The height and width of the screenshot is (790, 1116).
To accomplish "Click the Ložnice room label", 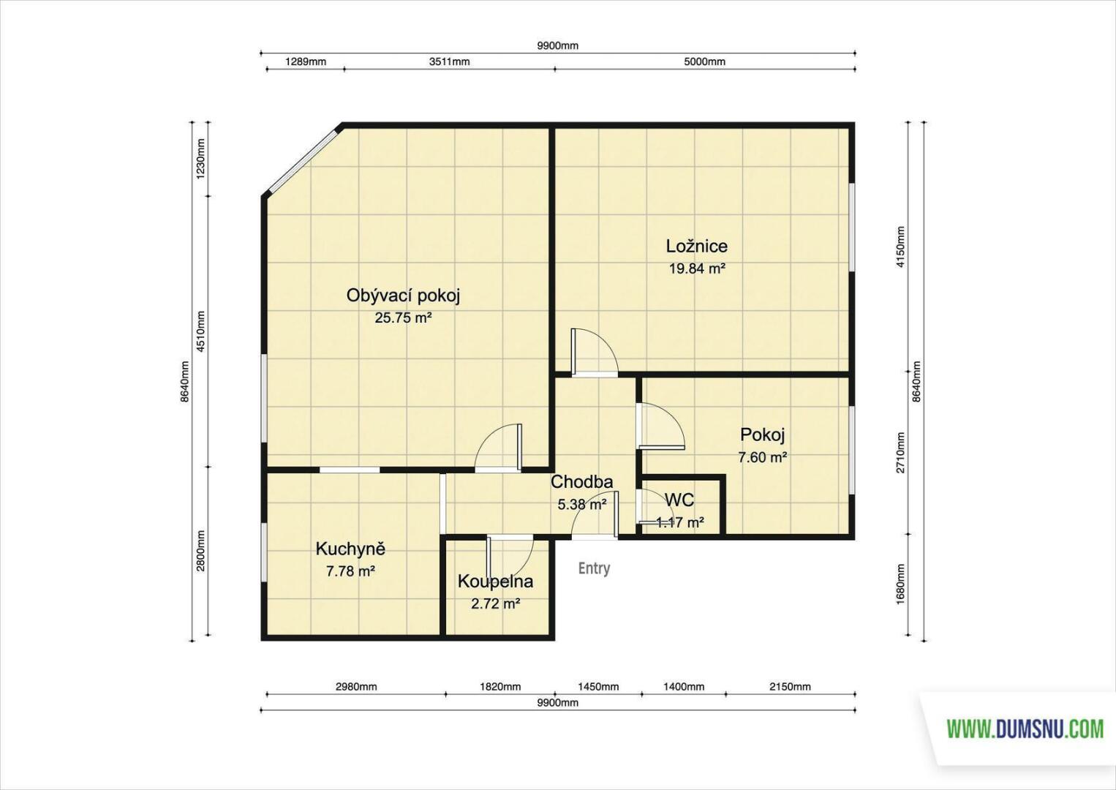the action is (696, 246).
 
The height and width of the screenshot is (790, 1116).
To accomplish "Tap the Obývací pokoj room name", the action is (403, 296).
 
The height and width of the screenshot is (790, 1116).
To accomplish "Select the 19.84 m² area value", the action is (696, 268).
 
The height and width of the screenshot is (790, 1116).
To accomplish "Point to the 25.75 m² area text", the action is (403, 318).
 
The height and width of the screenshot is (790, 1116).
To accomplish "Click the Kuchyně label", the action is (351, 549).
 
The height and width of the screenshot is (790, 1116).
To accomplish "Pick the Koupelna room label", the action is (495, 581).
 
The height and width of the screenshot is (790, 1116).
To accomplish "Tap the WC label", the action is (679, 500).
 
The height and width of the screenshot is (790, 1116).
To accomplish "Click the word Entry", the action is (594, 568).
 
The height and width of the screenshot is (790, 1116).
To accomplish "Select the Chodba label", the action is (581, 482).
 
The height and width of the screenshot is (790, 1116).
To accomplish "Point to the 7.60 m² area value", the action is (762, 457).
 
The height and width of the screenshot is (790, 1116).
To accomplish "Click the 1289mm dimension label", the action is (306, 61).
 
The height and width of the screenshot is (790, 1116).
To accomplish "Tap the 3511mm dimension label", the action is (449, 61).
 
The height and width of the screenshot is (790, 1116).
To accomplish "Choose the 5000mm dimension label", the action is (704, 61).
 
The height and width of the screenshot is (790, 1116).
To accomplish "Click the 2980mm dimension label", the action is (356, 686).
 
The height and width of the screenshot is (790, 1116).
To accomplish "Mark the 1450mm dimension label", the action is (598, 686).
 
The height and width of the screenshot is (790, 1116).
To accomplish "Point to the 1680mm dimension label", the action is (900, 584).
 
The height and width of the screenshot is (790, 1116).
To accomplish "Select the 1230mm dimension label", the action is (200, 159).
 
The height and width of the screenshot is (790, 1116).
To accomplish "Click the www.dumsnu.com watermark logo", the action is (1025, 729).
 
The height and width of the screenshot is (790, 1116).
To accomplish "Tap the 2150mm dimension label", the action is (790, 686).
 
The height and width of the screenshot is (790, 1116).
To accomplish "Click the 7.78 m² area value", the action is (351, 571).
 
